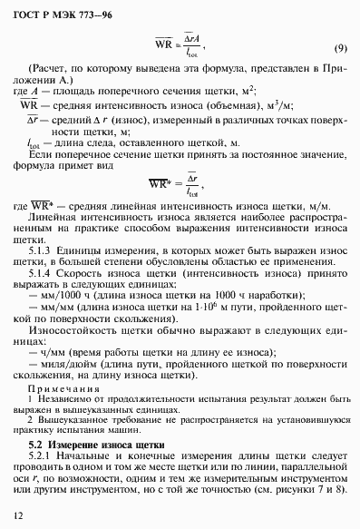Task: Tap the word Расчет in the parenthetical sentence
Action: pyautogui.click(x=52, y=69)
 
